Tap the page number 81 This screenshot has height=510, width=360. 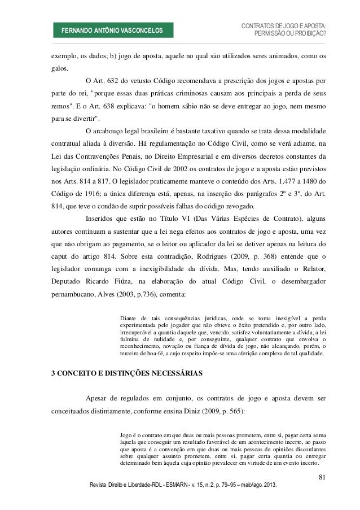point(322,479)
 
